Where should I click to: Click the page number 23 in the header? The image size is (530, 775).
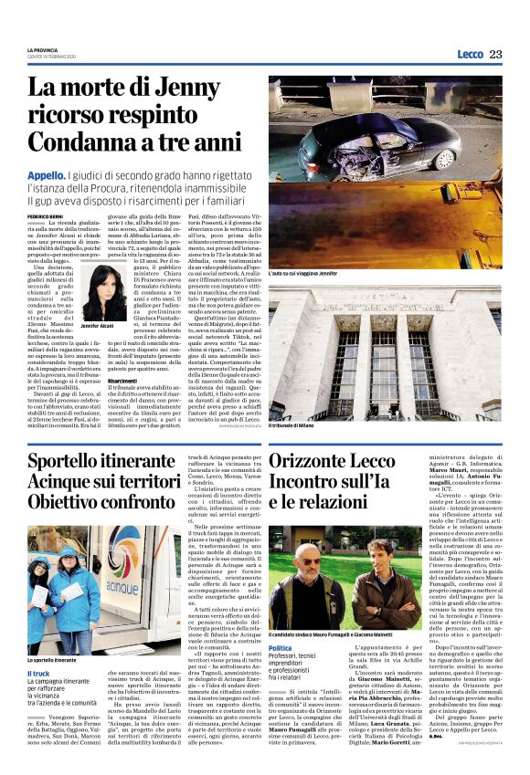[x=495, y=55]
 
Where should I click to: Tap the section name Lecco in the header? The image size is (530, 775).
[x=470, y=55]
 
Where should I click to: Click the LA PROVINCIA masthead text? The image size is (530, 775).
[x=43, y=49]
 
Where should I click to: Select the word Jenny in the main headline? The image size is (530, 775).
[x=188, y=89]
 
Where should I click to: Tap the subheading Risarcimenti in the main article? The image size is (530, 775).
[x=122, y=381]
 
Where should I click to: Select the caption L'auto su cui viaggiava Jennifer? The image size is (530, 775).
[x=303, y=273]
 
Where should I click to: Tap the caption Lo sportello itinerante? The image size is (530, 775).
[x=53, y=659]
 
